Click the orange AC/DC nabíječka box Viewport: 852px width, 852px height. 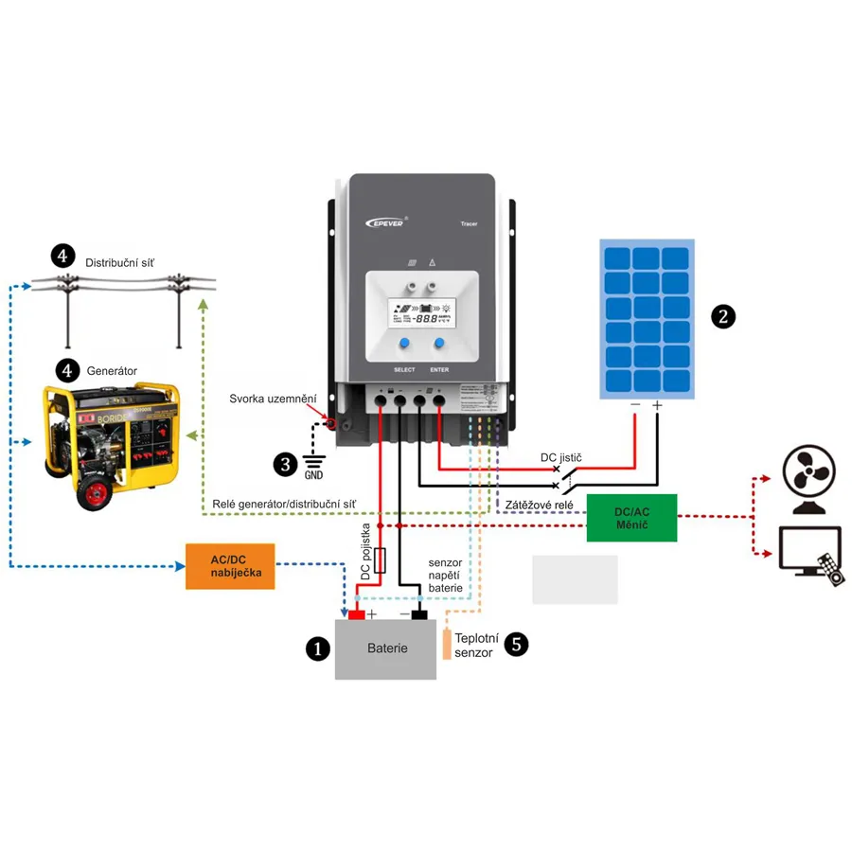coord(230,566)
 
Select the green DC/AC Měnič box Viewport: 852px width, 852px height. coord(631,518)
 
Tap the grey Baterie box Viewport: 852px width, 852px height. coord(386,648)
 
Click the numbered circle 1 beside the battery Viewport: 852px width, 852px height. coord(317,648)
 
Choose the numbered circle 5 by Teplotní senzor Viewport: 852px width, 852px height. coord(516,645)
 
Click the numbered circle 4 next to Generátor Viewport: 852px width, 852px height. coord(67,370)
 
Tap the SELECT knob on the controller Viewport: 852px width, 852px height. coord(404,345)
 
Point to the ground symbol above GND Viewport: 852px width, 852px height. coord(313,461)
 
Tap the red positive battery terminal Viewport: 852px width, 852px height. coord(356,614)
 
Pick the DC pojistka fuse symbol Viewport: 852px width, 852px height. coord(380,559)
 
